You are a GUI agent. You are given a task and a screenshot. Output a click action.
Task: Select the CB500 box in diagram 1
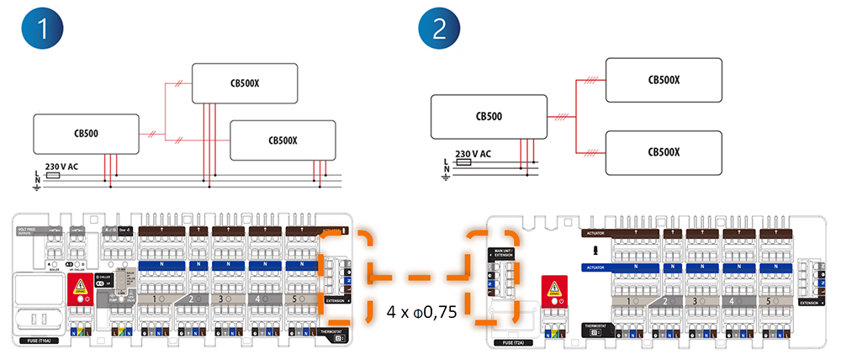pyautogui.click(x=87, y=134)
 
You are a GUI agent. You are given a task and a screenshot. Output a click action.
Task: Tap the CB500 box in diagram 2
pyautogui.click(x=488, y=116)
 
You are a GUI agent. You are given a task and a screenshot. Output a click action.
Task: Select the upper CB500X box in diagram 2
pyautogui.click(x=664, y=80)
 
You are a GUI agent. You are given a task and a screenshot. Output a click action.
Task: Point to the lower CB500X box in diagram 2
pyautogui.click(x=664, y=152)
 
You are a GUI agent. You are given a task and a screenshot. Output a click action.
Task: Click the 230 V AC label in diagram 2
pyautogui.click(x=473, y=154)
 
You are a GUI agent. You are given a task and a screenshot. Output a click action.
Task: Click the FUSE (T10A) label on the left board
pyautogui.click(x=33, y=342)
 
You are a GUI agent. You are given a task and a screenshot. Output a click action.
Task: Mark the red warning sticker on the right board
pyautogui.click(x=555, y=291)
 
